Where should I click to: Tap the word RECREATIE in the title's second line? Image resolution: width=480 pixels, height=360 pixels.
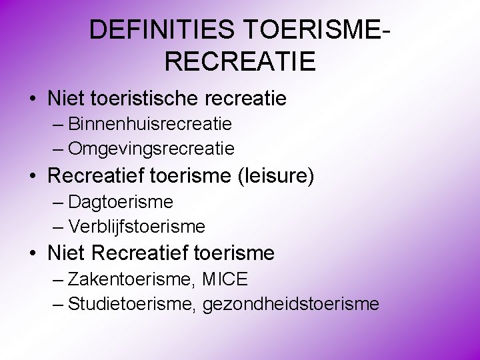tap(239, 61)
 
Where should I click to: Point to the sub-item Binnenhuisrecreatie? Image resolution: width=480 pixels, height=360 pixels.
tap(150, 124)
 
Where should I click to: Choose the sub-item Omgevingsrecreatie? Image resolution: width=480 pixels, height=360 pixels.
tap(151, 147)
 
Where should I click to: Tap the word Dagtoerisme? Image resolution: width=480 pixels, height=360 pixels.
tap(121, 201)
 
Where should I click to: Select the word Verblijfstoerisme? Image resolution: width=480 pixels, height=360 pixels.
tap(137, 226)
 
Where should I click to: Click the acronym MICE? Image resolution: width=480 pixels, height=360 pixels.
tap(224, 279)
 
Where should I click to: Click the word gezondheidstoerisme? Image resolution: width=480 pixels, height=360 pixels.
tap(291, 305)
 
